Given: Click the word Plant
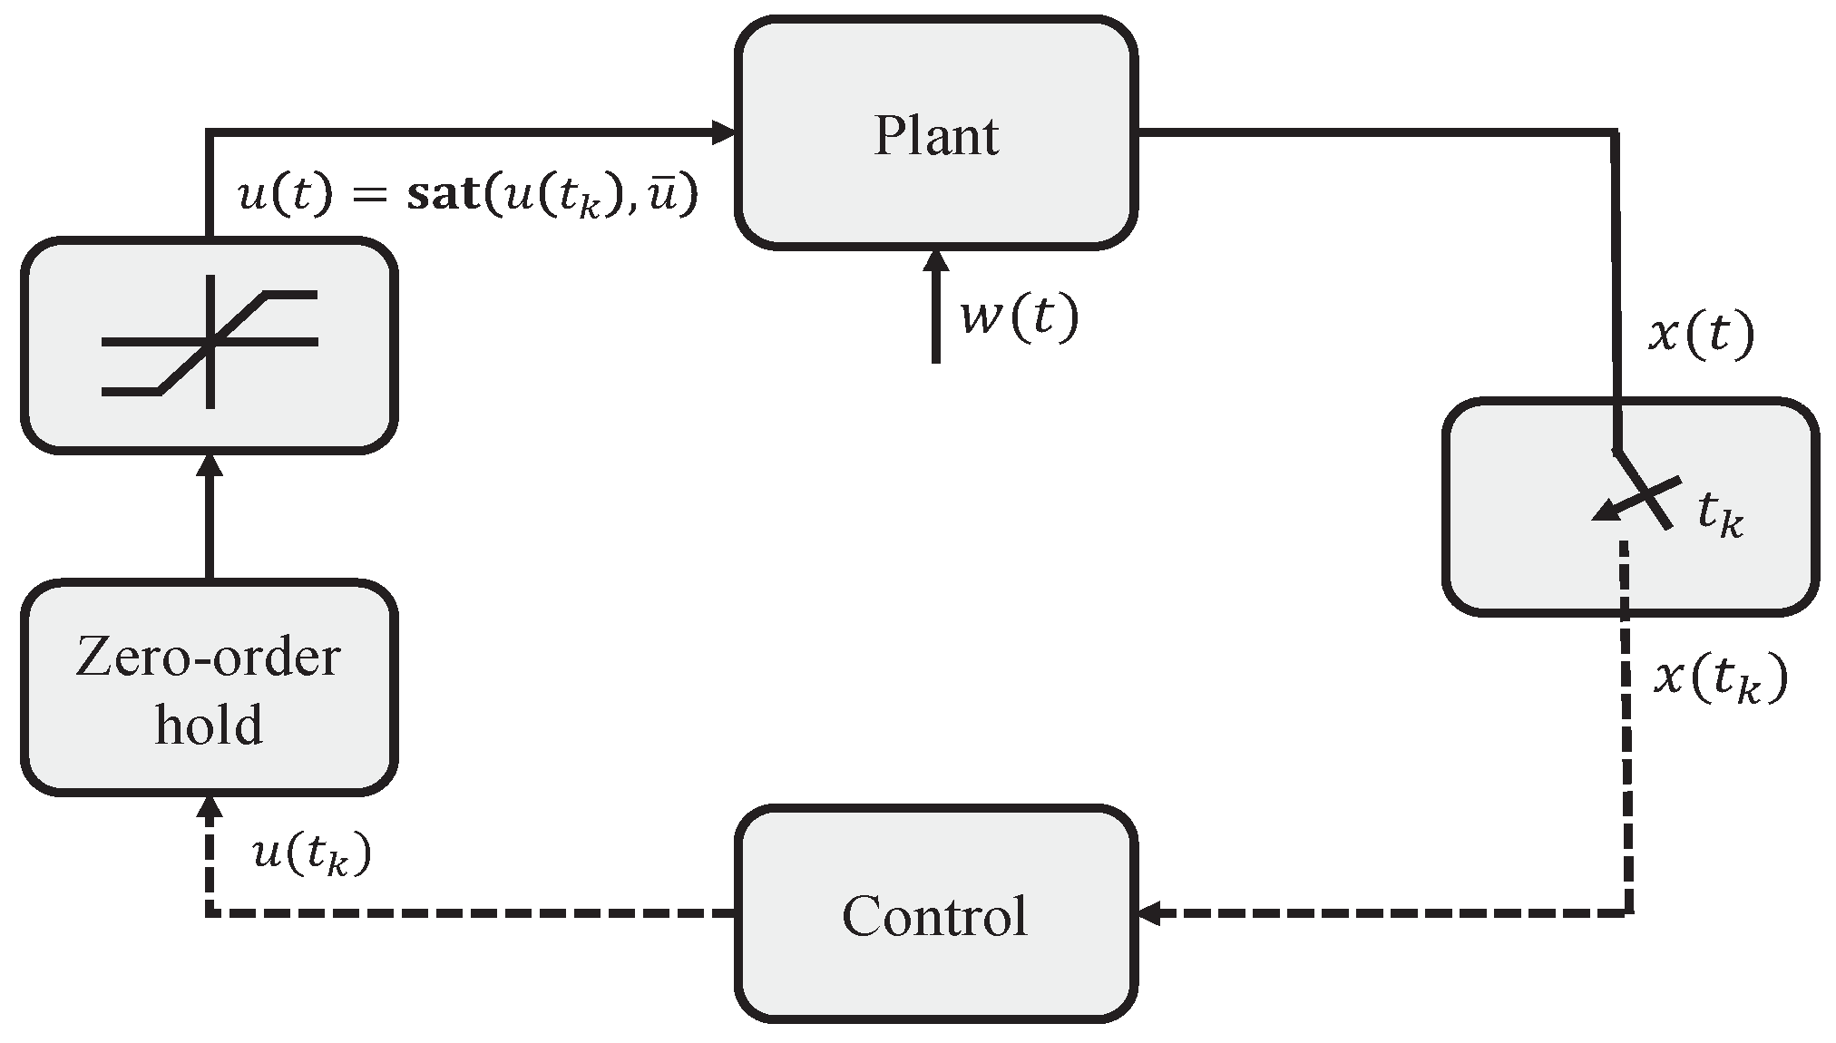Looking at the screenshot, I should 935,136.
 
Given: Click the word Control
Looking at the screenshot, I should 935,916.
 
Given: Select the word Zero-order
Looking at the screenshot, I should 208,658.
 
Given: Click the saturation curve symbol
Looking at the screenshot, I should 210,343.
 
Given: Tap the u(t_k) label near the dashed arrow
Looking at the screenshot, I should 311,853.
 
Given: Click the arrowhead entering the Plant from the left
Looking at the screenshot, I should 724,132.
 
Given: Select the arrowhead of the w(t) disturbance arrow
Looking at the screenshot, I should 935,261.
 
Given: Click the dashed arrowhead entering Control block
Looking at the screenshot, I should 1148,914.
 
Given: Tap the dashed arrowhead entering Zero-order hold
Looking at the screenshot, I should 210,807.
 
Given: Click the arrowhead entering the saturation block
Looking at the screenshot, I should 210,464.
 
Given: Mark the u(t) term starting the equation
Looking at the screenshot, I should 281,196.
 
